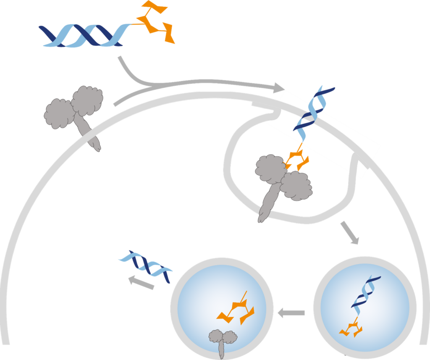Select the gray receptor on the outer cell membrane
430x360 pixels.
click(76, 109)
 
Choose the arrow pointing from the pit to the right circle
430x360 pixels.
click(350, 232)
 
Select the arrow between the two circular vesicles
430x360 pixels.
click(291, 313)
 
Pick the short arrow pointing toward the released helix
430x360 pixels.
click(141, 282)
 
